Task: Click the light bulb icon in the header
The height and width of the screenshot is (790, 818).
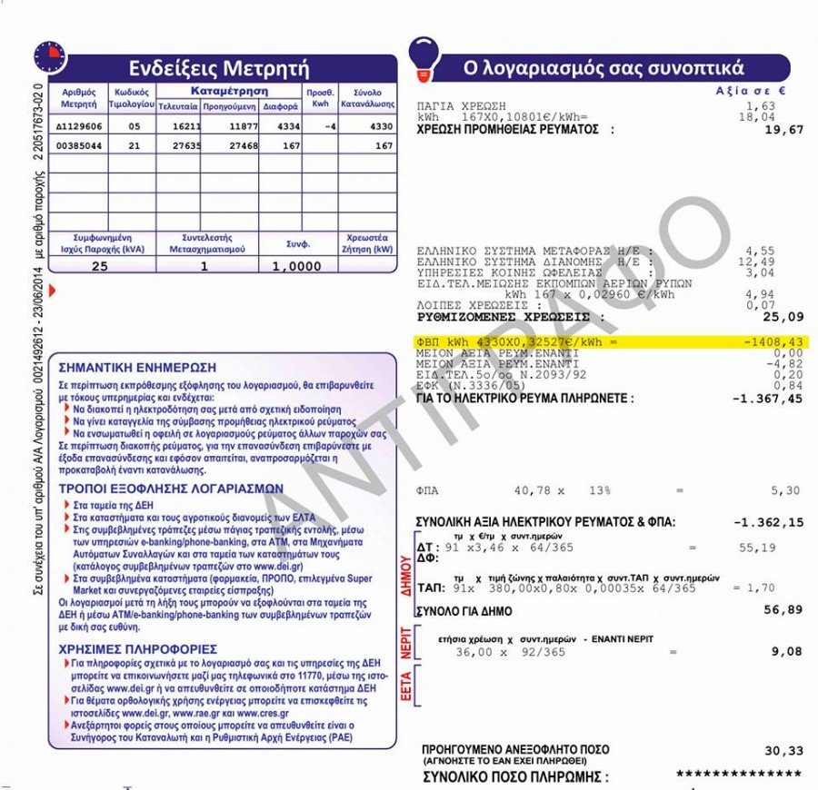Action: (424, 56)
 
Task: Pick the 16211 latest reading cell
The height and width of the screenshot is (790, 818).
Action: (177, 127)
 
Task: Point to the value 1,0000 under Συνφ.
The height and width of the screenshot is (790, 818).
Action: (296, 266)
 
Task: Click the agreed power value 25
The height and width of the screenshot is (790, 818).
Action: (100, 266)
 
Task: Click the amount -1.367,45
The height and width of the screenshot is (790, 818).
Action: (768, 398)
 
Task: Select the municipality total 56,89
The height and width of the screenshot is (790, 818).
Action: (783, 609)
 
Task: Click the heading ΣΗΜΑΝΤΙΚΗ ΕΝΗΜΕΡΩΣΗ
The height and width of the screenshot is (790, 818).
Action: (137, 368)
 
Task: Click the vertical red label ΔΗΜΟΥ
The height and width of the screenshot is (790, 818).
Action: (406, 574)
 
